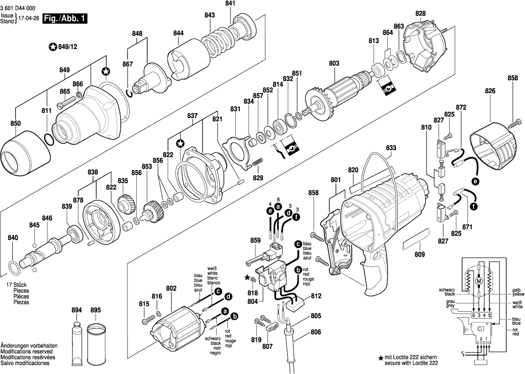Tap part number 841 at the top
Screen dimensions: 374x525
[x=230, y=4]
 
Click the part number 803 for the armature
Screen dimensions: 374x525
[x=334, y=63]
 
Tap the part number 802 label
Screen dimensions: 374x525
[x=171, y=289]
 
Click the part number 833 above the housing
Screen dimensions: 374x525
[x=391, y=148]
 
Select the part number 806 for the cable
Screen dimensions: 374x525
[x=316, y=332]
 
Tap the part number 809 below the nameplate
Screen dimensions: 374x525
[x=420, y=254]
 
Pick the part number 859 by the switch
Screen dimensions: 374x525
[x=255, y=241]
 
